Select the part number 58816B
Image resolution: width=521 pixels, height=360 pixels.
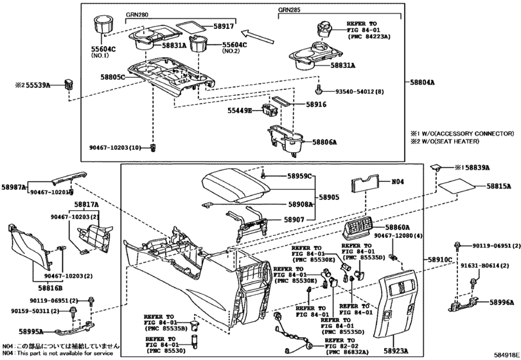42,289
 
